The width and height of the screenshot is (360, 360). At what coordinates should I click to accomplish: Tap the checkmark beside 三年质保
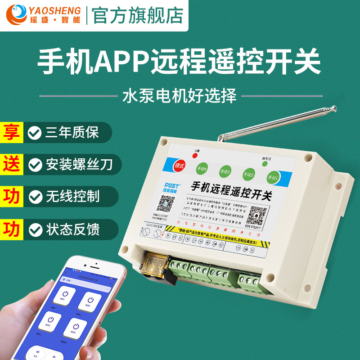coord(33,132)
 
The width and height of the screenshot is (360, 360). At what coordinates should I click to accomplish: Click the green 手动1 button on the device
coord(273,176)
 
